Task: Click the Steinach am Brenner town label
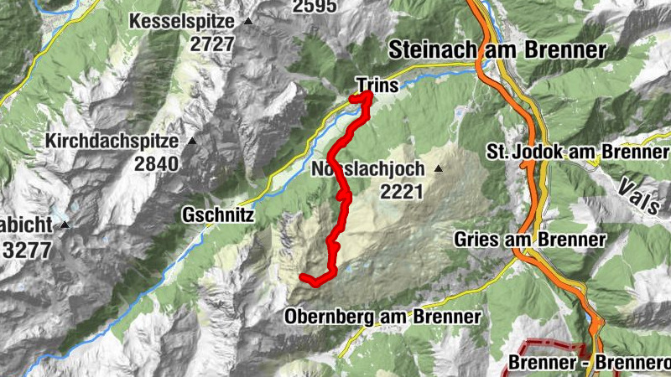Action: [497, 49]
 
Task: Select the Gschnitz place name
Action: [218, 215]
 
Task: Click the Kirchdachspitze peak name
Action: [114, 141]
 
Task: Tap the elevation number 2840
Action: [156, 163]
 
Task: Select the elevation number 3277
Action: [28, 249]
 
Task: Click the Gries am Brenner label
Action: [529, 240]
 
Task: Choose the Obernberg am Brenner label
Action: [382, 318]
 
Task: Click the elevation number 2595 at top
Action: [315, 7]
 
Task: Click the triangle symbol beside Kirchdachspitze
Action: [192, 141]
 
